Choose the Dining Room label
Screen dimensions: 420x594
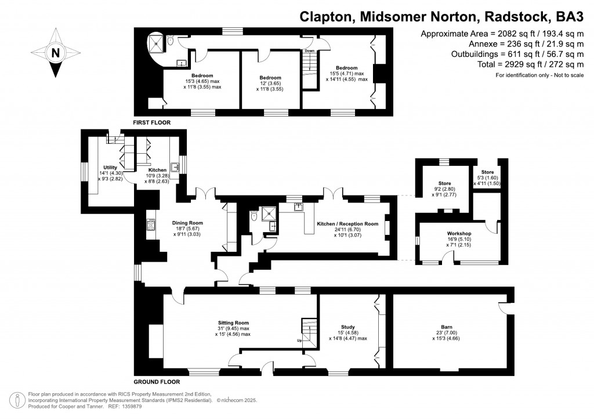[x=187, y=222]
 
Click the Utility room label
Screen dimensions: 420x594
[x=110, y=167]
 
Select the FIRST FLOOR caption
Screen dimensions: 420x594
[x=153, y=123]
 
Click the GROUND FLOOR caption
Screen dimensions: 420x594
[x=157, y=382]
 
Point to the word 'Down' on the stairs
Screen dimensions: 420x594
[x=309, y=51]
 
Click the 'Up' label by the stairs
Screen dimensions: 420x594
[x=299, y=341]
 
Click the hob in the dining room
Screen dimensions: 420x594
[x=151, y=225]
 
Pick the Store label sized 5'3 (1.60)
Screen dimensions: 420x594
[x=487, y=172]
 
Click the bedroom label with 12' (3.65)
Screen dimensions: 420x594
[x=270, y=78]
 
